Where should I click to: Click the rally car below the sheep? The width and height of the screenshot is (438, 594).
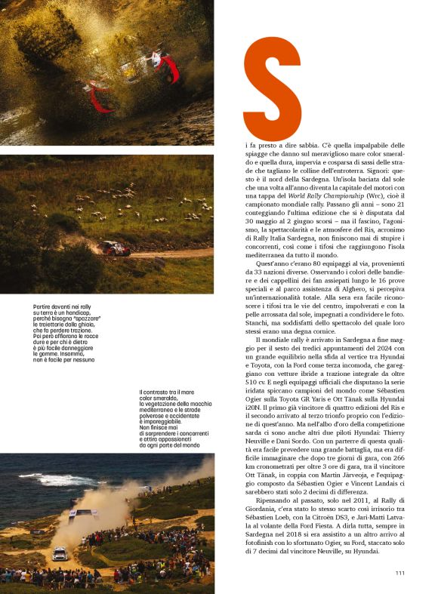pyautogui.click(x=116, y=248)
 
